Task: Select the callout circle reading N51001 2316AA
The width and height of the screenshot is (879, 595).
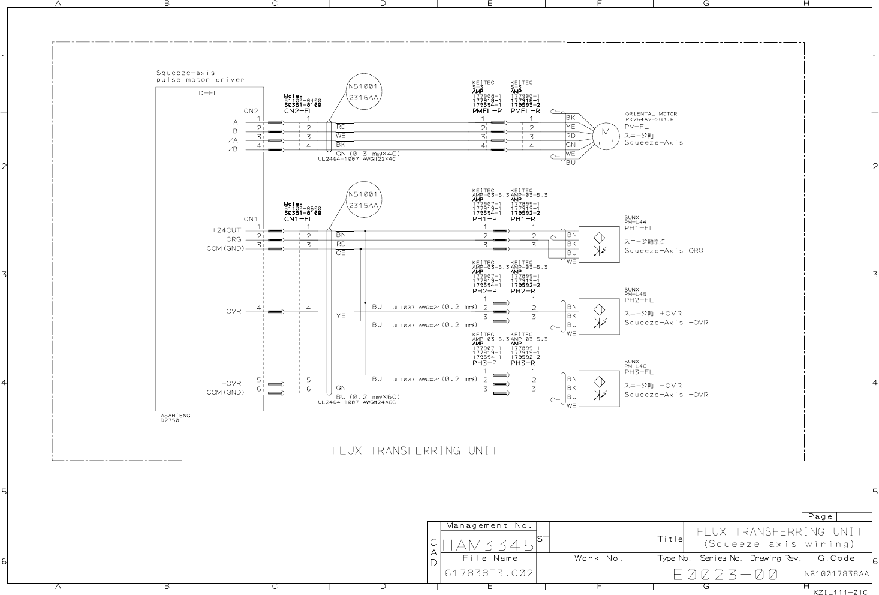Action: point(365,91)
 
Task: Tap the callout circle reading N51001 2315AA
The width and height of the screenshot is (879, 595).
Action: point(365,200)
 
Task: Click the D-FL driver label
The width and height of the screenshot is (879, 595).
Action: point(208,94)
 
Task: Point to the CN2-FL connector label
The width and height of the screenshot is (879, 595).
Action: point(299,111)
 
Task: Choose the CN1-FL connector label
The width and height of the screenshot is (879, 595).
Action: point(299,219)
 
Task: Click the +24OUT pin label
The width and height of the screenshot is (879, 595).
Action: point(226,230)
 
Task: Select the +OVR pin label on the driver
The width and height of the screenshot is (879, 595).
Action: point(231,311)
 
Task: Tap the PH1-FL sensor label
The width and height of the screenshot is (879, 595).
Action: point(639,228)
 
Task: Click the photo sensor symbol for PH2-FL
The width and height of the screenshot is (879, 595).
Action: point(599,315)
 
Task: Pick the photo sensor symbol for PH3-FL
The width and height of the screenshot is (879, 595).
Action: point(599,388)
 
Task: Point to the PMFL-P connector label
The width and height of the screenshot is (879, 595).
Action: point(486,111)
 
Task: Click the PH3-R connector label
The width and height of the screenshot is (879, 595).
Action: point(523,363)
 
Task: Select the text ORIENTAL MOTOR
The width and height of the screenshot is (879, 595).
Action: point(651,114)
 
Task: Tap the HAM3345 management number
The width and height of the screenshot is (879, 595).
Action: point(487,545)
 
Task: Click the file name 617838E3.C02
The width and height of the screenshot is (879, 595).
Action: point(489,573)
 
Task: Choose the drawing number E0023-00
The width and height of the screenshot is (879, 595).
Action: point(725,575)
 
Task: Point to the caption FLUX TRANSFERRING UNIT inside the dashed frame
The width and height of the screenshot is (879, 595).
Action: point(415,450)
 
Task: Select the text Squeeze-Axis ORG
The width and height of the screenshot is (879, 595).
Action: point(664,251)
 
